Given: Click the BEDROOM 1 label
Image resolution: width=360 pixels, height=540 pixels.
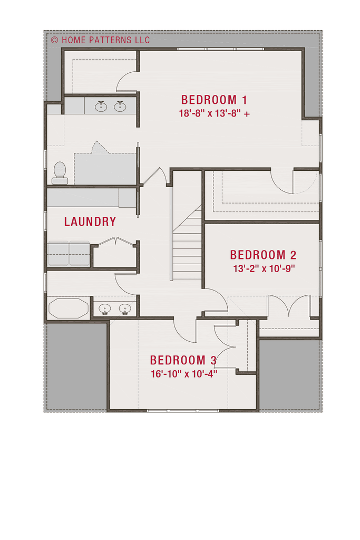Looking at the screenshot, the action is (x=213, y=100).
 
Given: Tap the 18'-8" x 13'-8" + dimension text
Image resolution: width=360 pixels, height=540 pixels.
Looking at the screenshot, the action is (x=214, y=113).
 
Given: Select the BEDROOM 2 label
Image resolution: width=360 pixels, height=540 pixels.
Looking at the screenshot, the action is (x=263, y=255).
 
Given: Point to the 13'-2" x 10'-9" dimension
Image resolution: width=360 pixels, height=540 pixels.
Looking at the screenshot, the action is (x=264, y=268).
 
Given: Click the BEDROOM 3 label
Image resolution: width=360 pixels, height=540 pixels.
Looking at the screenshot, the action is (x=183, y=360).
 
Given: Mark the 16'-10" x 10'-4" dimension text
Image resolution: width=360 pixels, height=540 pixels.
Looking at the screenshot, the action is (x=184, y=374).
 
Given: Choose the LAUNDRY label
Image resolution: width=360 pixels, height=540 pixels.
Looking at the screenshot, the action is (x=90, y=221).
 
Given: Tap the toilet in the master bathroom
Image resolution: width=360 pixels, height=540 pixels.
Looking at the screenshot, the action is (x=60, y=173).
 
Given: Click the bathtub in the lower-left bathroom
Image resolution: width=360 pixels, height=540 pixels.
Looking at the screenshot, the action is (x=69, y=308).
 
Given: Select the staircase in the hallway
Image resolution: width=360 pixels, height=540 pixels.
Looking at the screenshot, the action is (x=187, y=242).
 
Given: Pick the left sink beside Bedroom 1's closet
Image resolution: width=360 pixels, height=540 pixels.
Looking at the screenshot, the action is (x=101, y=106).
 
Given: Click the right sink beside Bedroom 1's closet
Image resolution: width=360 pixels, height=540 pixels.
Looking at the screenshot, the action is (x=120, y=106).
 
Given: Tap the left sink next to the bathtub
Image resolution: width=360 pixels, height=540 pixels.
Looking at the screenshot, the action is (x=104, y=308).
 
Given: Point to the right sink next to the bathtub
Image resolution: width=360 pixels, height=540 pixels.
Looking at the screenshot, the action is (x=124, y=308).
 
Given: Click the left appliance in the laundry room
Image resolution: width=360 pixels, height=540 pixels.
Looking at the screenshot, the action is (x=58, y=254).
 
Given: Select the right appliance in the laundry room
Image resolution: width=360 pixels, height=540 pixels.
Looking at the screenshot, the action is (x=79, y=254).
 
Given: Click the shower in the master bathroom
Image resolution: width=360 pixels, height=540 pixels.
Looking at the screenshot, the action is (x=105, y=169).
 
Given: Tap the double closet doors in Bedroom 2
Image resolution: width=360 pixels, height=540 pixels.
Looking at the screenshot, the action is (x=289, y=305).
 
